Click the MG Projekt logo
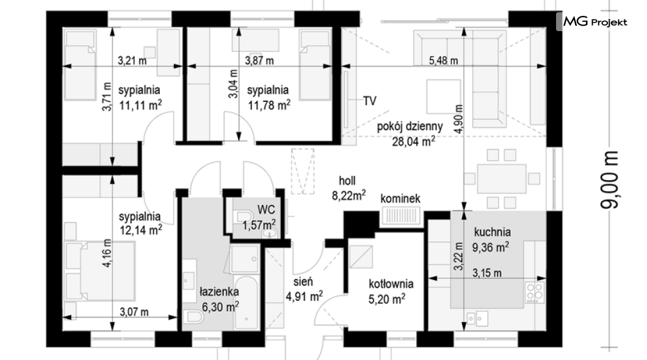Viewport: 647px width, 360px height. click(x=595, y=22)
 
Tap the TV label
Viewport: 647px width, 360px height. click(x=370, y=100)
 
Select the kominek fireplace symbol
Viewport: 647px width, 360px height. click(x=400, y=215)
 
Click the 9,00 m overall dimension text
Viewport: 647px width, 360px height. click(x=609, y=180)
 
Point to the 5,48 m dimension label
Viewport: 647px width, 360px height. click(x=443, y=60)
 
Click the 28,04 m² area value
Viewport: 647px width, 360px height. click(x=413, y=142)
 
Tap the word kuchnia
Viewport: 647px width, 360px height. click(x=492, y=232)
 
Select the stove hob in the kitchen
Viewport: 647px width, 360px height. click(x=535, y=292)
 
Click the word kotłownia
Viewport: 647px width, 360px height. click(x=391, y=284)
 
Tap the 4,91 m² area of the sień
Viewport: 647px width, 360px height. click(x=304, y=296)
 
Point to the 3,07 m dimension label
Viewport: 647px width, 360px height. click(x=134, y=312)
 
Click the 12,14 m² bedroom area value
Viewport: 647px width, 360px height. click(x=140, y=229)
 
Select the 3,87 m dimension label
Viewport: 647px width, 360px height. click(x=259, y=60)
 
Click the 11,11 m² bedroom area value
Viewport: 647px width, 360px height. click(x=140, y=105)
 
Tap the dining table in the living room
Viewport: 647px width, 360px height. click(x=501, y=179)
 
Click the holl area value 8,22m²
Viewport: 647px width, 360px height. click(x=349, y=195)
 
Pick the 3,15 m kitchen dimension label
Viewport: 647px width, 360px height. click(x=487, y=273)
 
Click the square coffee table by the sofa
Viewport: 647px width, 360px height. click(x=444, y=96)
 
